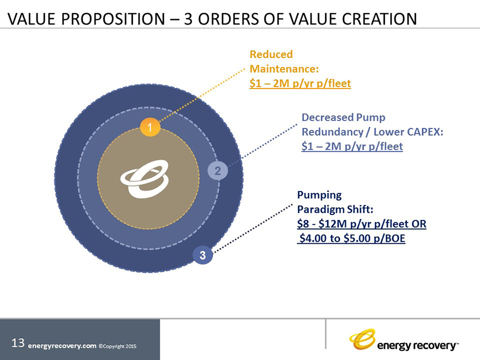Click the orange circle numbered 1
pyautogui.click(x=150, y=127)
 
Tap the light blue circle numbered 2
pyautogui.click(x=218, y=171)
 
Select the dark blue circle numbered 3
pyautogui.click(x=203, y=255)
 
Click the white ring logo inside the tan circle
pyautogui.click(x=145, y=179)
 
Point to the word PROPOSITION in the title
pyautogui.click(x=113, y=19)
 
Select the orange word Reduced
pyautogui.click(x=271, y=54)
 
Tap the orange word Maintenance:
pyautogui.click(x=284, y=69)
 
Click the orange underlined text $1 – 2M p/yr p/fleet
pyautogui.click(x=300, y=83)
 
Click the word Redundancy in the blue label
pyautogui.click(x=332, y=132)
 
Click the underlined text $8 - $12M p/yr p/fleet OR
pyautogui.click(x=362, y=224)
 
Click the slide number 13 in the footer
pyautogui.click(x=18, y=343)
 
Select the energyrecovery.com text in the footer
pyautogui.click(x=62, y=346)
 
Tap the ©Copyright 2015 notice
pyautogui.click(x=117, y=346)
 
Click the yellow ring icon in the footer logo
pyautogui.click(x=362, y=339)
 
